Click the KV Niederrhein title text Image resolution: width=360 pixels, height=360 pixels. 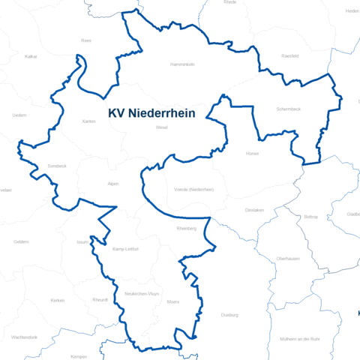pyautogui.click(x=152, y=113)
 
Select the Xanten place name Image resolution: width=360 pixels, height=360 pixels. pyautogui.click(x=89, y=121)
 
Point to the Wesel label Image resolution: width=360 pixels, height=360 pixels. pyautogui.click(x=161, y=127)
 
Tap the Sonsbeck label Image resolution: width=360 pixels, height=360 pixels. pyautogui.click(x=57, y=165)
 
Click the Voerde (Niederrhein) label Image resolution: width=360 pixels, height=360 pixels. pyautogui.click(x=193, y=190)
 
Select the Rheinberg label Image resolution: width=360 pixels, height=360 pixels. pyautogui.click(x=186, y=228)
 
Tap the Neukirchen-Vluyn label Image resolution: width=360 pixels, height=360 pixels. pyautogui.click(x=141, y=293)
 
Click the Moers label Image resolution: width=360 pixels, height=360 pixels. pyautogui.click(x=173, y=301)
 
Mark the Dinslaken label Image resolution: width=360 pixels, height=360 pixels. pyautogui.click(x=254, y=211)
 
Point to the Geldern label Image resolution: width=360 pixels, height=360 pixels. pyautogui.click(x=21, y=241)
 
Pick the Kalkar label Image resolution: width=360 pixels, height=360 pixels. pyautogui.click(x=31, y=56)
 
